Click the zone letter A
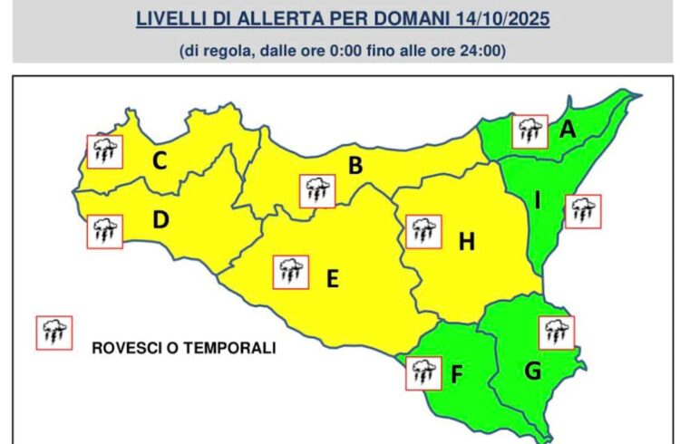tap(568, 130)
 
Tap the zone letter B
tap(355, 166)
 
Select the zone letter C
tap(159, 162)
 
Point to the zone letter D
tap(160, 219)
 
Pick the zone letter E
tap(332, 279)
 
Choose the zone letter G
tap(533, 370)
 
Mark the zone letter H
tap(467, 241)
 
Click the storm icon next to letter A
tap(529, 131)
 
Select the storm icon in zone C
tap(104, 150)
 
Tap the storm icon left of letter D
tap(104, 231)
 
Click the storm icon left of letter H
tap(423, 231)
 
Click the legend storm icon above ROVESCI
tap(53, 333)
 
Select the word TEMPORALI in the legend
tap(232, 347)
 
